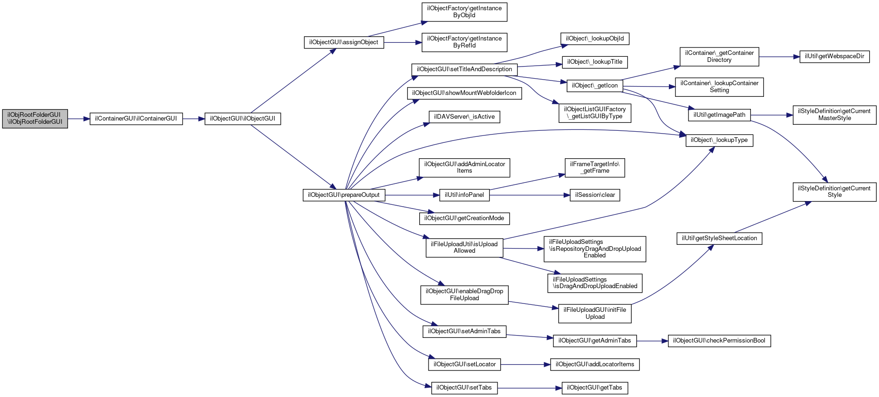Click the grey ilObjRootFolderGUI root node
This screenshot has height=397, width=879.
pyautogui.click(x=35, y=119)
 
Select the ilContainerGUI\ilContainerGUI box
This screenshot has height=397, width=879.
pyautogui.click(x=136, y=119)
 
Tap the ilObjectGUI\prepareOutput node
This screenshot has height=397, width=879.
pyautogui.click(x=344, y=195)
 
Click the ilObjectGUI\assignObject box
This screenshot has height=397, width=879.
pyautogui.click(x=344, y=42)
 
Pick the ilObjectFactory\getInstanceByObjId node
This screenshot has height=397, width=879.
pyautogui.click(x=464, y=12)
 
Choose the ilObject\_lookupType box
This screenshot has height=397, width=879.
pyautogui.click(x=719, y=140)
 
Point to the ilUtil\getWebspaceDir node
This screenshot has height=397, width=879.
pyautogui.click(x=834, y=56)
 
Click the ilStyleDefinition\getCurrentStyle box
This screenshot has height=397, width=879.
pyautogui.click(x=835, y=192)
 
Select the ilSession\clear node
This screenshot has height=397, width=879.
pyautogui.click(x=595, y=195)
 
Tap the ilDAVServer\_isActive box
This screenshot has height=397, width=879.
pyautogui.click(x=464, y=117)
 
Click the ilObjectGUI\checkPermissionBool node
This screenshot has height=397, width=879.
pyautogui.click(x=719, y=341)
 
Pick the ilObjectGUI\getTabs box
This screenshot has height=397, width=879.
pyautogui.click(x=595, y=388)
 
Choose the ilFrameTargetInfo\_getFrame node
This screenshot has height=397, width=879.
pyautogui.click(x=595, y=168)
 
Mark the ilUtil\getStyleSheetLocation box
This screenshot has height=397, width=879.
pyautogui.click(x=719, y=238)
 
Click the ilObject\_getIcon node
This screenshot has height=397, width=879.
pyautogui.click(x=595, y=86)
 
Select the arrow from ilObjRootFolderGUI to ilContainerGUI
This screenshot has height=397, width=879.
pyautogui.click(x=79, y=119)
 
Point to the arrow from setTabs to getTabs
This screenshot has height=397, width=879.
pyautogui.click(x=530, y=388)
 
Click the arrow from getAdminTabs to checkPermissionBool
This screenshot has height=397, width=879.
pyautogui.click(x=652, y=341)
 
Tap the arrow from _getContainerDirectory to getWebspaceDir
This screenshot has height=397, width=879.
pyautogui.click(x=779, y=56)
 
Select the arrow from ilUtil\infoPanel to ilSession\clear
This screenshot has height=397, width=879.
pyautogui.click(x=530, y=195)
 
